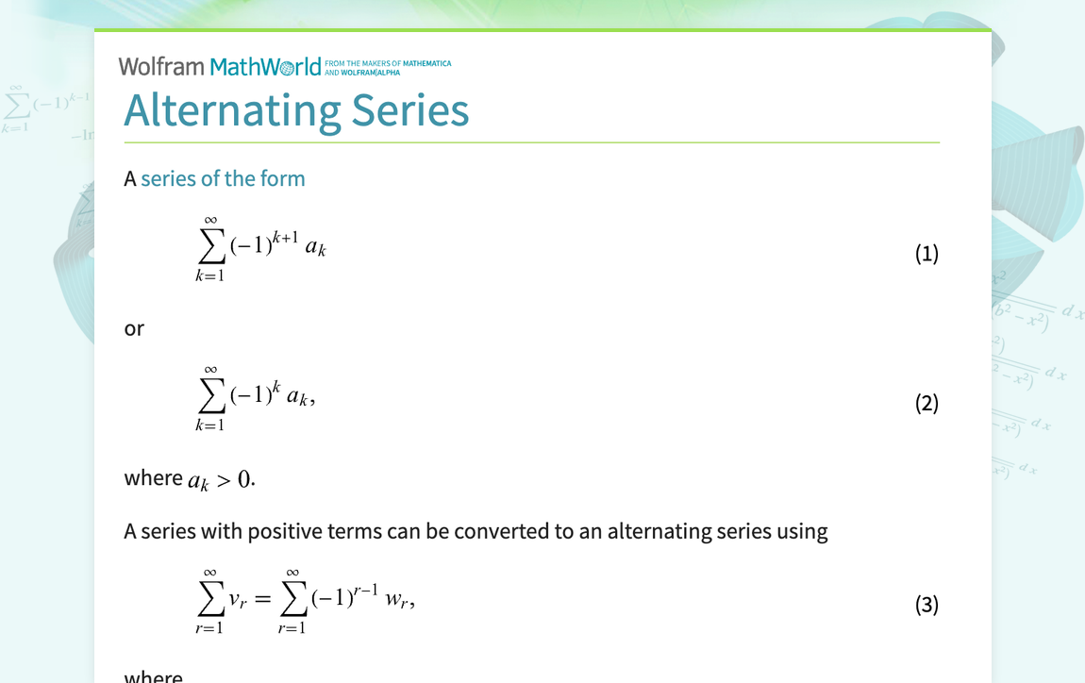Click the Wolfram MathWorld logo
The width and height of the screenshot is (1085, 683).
(220, 66)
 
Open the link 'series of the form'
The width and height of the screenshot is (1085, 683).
(223, 178)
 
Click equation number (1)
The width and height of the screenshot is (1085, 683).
(926, 253)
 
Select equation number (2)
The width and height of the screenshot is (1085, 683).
(926, 403)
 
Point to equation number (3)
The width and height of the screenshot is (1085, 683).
(926, 604)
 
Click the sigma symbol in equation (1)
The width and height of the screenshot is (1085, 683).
(211, 247)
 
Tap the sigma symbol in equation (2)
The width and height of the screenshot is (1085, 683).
(211, 397)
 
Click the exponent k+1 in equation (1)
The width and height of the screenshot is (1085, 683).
(283, 235)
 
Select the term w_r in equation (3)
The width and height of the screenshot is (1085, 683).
(397, 601)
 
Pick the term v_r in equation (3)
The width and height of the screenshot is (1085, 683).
(238, 601)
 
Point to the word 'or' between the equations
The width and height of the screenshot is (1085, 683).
(134, 329)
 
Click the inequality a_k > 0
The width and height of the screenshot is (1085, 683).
(221, 480)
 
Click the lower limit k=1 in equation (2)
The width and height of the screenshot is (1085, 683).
(209, 425)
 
